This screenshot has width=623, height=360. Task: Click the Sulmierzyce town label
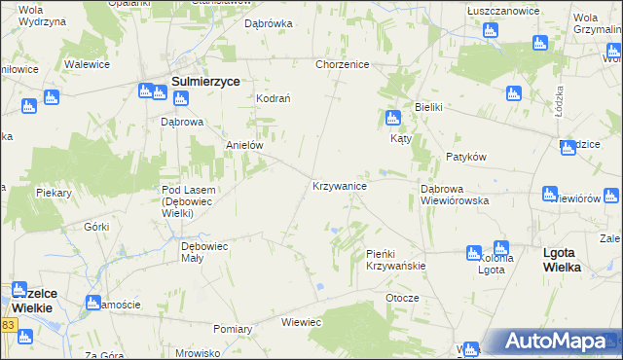pos(205,83)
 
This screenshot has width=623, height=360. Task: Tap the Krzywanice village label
pos(339,185)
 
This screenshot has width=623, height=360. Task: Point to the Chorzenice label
pos(341,64)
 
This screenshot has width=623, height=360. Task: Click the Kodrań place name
pos(273,98)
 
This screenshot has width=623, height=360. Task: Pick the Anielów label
pos(245,144)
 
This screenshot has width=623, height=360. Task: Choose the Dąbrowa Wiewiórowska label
pos(454,194)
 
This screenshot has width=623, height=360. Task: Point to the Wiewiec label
pos(301,321)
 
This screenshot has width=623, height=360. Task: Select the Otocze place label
pos(402,298)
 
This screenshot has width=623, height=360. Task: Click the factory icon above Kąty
pos(392,119)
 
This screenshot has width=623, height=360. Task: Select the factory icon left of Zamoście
pos(93,302)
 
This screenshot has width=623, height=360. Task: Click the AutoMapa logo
pos(557,342)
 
